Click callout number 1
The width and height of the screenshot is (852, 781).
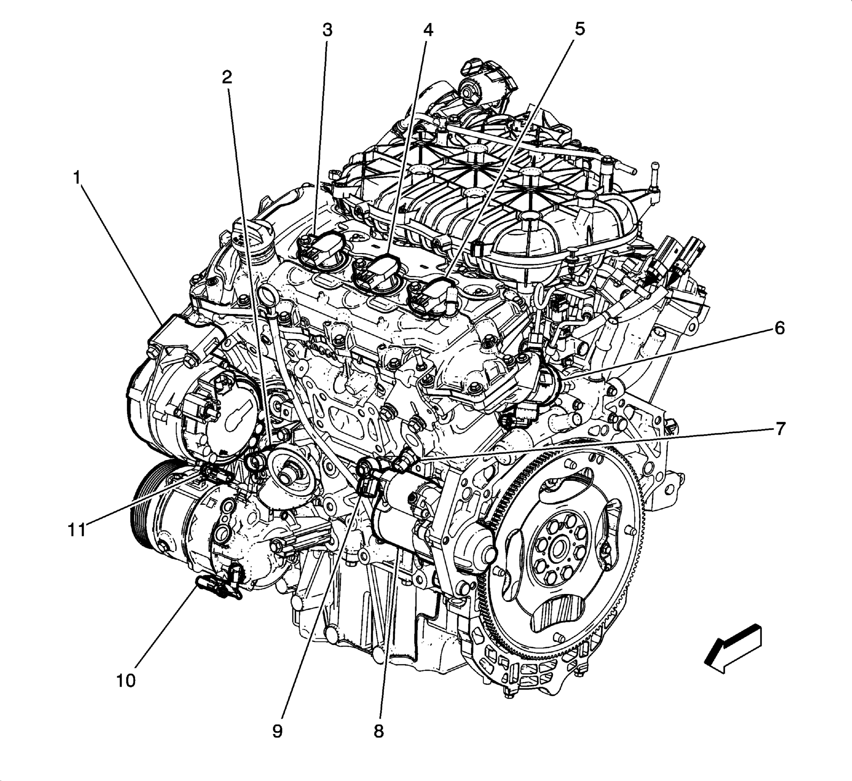pyautogui.click(x=76, y=178)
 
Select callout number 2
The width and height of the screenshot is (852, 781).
pyautogui.click(x=227, y=77)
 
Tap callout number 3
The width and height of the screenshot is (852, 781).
pyautogui.click(x=327, y=30)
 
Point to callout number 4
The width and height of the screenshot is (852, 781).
pyautogui.click(x=428, y=30)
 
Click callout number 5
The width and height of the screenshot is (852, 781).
pyautogui.click(x=579, y=29)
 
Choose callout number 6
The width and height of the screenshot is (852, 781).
pyautogui.click(x=779, y=328)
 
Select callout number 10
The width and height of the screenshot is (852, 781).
pyautogui.click(x=126, y=681)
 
